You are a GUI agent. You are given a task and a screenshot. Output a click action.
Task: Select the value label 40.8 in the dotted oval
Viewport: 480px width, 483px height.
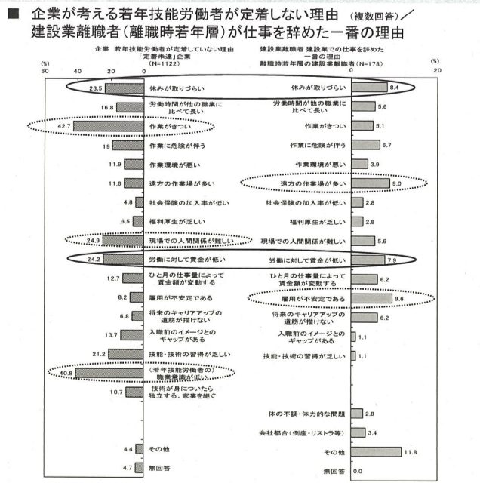click(x=62, y=372)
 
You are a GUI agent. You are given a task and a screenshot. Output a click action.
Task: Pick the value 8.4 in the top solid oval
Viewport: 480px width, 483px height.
click(x=393, y=88)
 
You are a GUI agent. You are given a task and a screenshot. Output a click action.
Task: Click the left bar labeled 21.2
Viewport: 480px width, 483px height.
click(x=126, y=354)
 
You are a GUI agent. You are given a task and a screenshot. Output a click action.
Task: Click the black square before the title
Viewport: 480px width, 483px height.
click(x=13, y=16)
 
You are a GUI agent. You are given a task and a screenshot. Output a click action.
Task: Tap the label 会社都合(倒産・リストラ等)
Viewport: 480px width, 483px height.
click(x=309, y=433)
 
